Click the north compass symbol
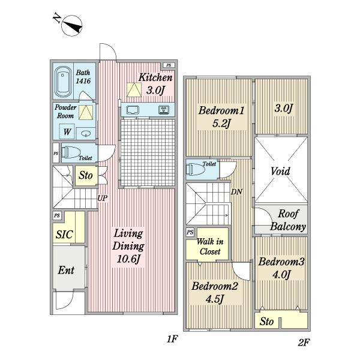72,26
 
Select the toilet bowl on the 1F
71,152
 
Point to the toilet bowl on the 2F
195,169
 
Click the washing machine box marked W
67,131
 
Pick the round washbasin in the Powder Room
86,133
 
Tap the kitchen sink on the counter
133,110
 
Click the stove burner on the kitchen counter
164,110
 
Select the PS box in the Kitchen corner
169,65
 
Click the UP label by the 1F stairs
103,198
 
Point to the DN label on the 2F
236,192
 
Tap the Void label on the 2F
280,171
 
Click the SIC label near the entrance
64,235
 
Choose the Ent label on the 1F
66,270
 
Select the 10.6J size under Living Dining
128,259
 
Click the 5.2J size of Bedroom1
221,124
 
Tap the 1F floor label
172,339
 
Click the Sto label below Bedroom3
266,322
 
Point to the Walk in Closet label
210,247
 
